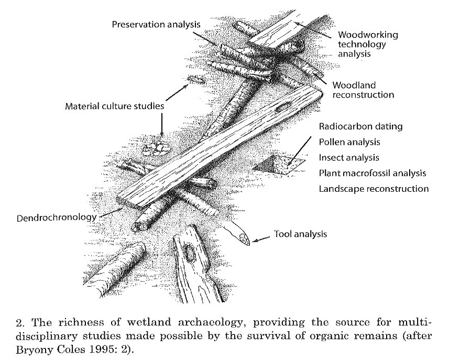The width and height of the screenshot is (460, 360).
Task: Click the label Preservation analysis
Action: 156,24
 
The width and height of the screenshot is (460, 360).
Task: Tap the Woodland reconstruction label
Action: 363,90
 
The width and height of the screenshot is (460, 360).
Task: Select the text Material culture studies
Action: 114,106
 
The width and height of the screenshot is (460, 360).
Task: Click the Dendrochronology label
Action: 57,218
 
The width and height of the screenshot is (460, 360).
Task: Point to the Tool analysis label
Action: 300,234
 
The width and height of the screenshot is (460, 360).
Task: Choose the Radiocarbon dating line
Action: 360,127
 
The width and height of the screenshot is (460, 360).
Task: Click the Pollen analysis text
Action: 349,143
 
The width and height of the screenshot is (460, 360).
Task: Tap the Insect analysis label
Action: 349,158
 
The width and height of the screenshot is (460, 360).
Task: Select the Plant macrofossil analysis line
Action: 373,173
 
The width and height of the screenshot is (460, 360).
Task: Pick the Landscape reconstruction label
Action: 374,189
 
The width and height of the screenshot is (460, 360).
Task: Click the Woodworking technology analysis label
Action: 368,44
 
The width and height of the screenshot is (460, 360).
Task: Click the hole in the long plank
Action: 283,107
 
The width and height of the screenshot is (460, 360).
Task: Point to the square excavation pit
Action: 279,165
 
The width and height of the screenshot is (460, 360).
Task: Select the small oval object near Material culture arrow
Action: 195,79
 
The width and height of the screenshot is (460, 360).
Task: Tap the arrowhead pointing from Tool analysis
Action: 255,241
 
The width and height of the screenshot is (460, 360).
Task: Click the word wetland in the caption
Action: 149,322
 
